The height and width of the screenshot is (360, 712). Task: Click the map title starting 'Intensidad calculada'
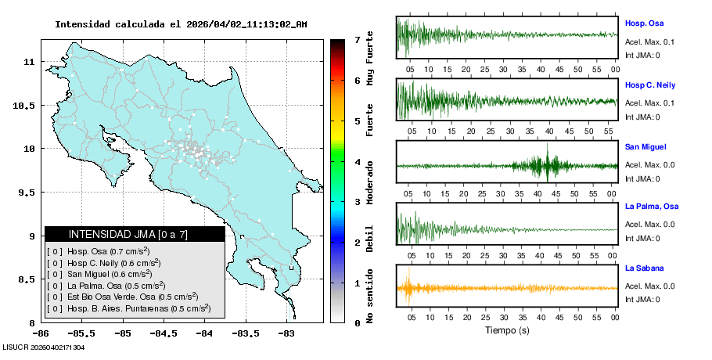181,24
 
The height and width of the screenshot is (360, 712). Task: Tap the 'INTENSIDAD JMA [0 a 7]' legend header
128,234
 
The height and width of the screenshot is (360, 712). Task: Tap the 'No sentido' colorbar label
370,298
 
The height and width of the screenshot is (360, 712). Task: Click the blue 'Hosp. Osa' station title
645,23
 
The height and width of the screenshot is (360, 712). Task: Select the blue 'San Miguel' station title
645,147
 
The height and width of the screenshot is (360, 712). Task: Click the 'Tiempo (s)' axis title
507,330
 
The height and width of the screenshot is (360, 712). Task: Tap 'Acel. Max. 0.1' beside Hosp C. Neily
649,103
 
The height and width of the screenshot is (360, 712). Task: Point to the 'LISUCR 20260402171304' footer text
45,347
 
